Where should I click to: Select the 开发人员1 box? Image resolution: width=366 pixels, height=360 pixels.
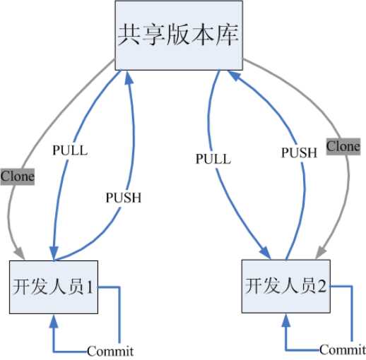pyautogui.click(x=54, y=287)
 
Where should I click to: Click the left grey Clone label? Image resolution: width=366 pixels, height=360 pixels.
pyautogui.click(x=17, y=176)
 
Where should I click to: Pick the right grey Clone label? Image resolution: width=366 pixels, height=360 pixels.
pyautogui.click(x=343, y=146)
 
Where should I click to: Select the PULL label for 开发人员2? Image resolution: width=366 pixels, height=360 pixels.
pyautogui.click(x=213, y=159)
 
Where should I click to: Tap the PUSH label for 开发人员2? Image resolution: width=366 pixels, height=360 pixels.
pyautogui.click(x=299, y=152)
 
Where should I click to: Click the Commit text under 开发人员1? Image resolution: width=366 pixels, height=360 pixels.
pyautogui.click(x=110, y=351)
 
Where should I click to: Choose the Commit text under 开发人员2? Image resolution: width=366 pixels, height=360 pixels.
pyautogui.click(x=342, y=349)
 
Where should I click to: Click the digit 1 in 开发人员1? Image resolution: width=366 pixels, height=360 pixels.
pyautogui.click(x=90, y=287)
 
